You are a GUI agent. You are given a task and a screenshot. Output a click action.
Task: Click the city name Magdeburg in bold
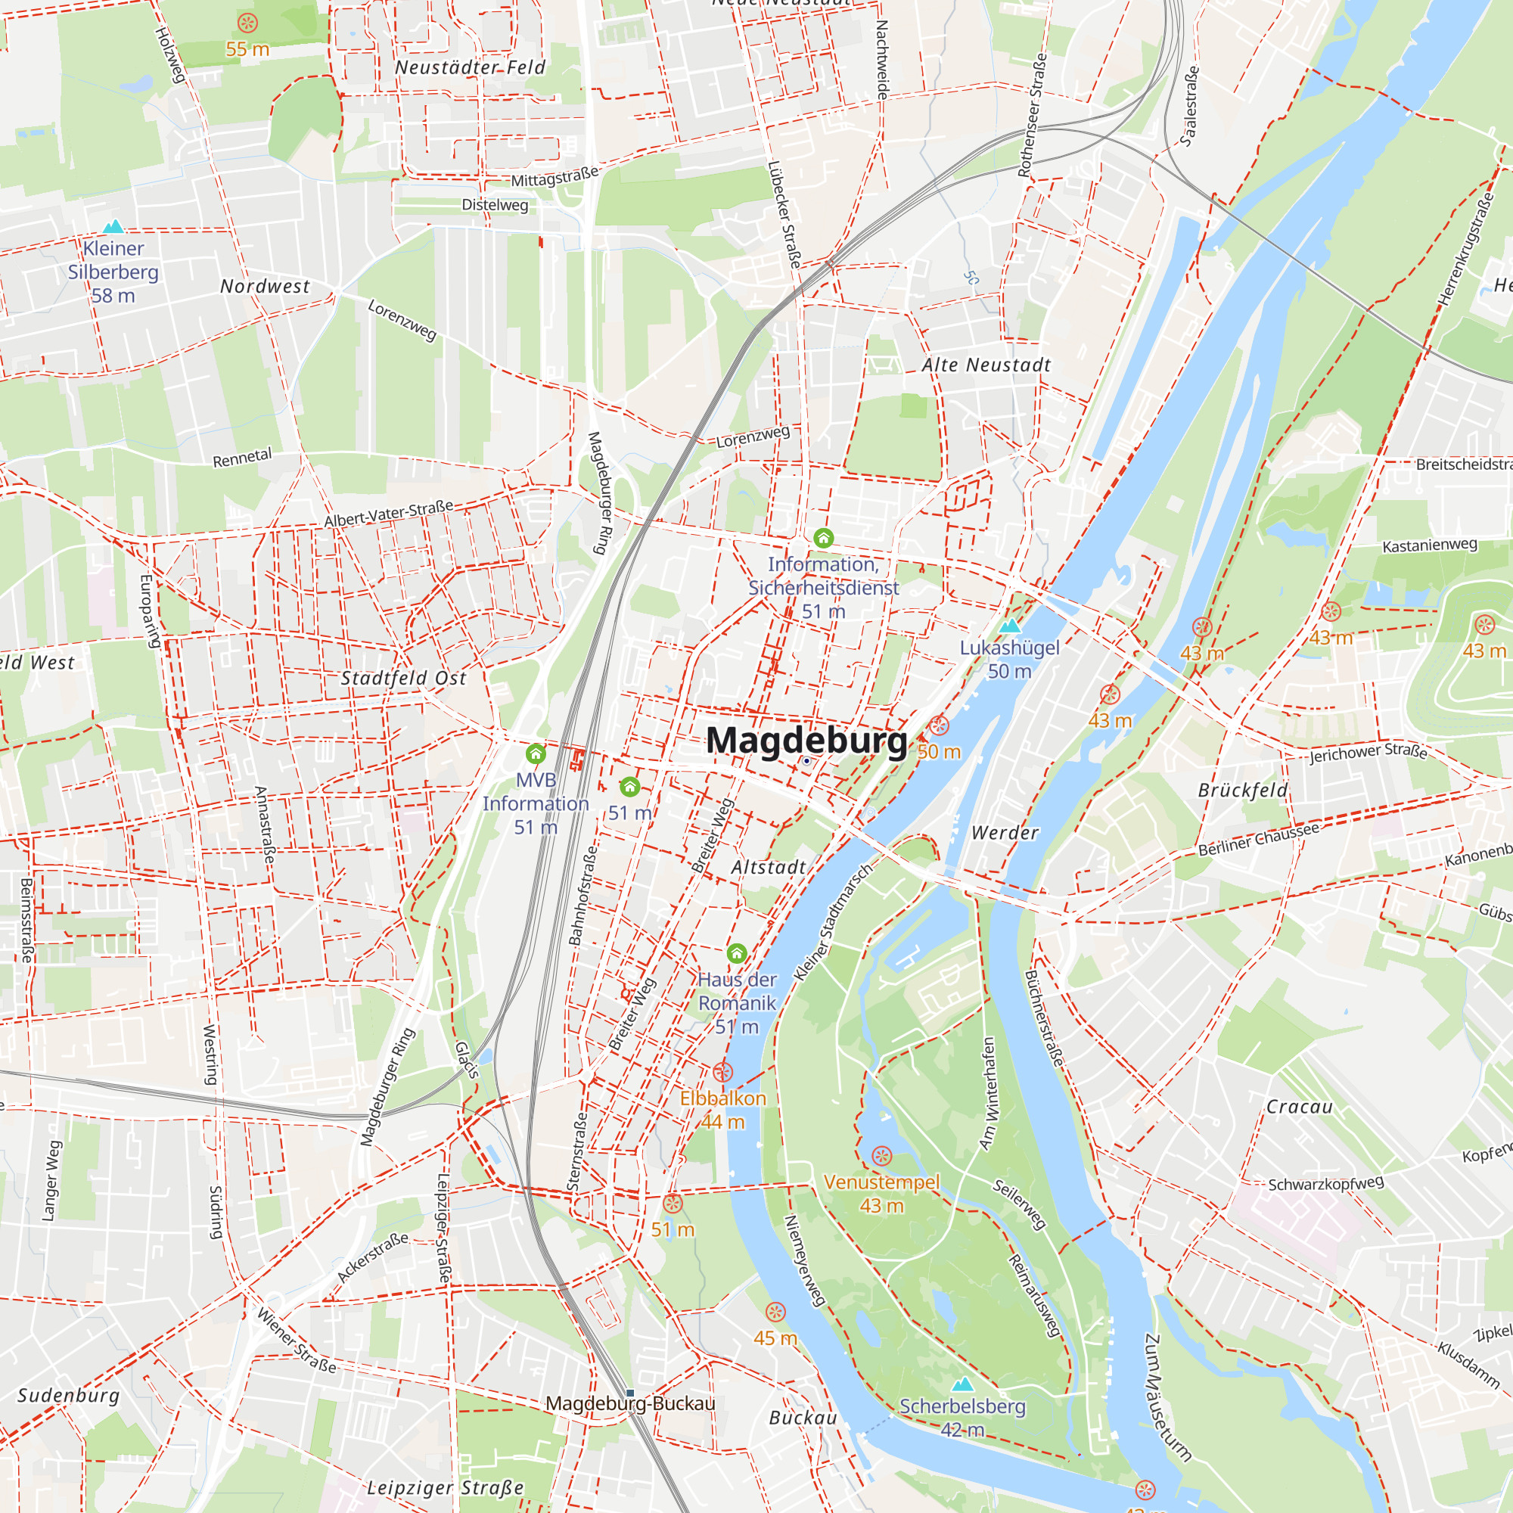[806, 740]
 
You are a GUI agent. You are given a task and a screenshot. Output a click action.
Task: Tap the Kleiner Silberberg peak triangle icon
[113, 226]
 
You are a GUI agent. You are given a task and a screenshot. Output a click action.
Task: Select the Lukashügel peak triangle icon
[1010, 626]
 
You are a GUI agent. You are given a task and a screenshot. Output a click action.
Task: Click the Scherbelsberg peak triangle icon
[962, 1384]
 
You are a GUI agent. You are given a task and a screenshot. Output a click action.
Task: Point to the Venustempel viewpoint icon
[882, 1156]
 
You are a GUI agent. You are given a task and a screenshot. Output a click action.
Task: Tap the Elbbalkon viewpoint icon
[722, 1071]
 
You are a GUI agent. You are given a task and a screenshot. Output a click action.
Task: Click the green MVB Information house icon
[536, 754]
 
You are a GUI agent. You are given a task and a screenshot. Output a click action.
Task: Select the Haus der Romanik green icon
[736, 953]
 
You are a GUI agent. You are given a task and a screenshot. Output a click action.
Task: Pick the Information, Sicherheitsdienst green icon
[823, 538]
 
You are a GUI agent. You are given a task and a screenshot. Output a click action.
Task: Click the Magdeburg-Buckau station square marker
[629, 1393]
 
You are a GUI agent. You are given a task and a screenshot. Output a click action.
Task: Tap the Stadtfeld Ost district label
[403, 678]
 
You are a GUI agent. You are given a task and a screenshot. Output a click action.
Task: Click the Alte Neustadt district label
[986, 365]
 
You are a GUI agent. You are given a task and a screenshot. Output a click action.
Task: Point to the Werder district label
[1005, 832]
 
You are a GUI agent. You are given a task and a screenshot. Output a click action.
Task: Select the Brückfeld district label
[1243, 791]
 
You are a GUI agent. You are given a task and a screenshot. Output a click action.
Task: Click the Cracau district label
[1299, 1107]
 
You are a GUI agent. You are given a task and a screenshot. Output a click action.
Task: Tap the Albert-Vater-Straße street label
[389, 513]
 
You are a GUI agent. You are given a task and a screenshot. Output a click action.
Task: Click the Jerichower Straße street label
[1368, 752]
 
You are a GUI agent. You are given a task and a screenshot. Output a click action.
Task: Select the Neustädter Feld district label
[470, 68]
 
